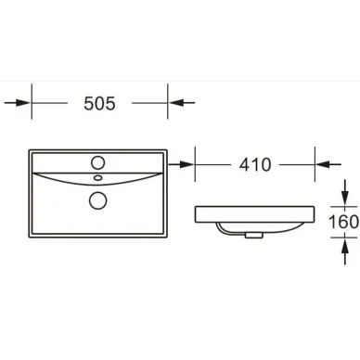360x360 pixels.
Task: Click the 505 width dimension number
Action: click(x=99, y=103)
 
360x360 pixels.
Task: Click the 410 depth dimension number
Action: click(x=255, y=164)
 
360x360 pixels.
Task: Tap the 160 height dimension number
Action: click(x=343, y=222)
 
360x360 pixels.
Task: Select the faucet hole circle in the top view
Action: click(x=98, y=162)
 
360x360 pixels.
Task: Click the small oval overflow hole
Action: click(x=98, y=177)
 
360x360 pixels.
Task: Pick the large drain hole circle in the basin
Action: click(x=98, y=200)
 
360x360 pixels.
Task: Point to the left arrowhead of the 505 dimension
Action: click(x=25, y=103)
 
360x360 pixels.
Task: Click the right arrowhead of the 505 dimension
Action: click(x=174, y=103)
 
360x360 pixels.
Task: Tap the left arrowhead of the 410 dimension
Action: click(x=187, y=164)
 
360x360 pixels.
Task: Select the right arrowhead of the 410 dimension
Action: click(x=322, y=164)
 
